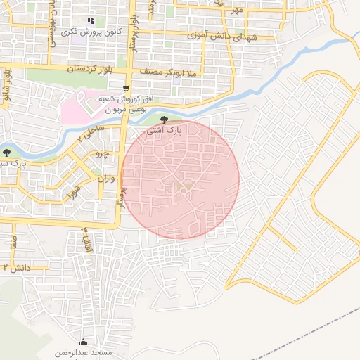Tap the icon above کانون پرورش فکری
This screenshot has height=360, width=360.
[x=90, y=20]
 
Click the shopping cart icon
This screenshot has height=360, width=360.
[x=125, y=89]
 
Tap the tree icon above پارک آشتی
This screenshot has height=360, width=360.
[x=164, y=120]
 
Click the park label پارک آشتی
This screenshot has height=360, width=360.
[x=164, y=131]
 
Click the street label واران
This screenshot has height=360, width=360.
[x=105, y=179]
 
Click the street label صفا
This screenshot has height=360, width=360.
[x=13, y=244]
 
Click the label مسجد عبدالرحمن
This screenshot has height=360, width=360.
[x=85, y=351]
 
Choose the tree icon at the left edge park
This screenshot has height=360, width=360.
[x=6, y=152]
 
